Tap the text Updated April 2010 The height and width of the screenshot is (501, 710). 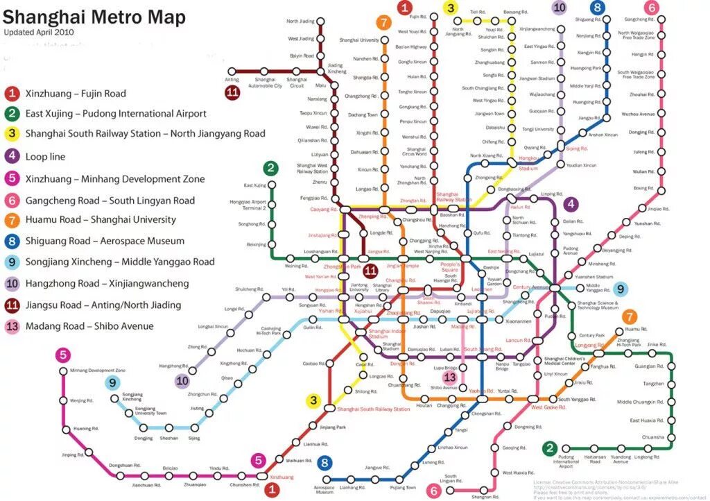point(39,32)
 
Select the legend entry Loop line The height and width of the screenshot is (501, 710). point(45,157)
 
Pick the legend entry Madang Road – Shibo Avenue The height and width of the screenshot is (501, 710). point(89,326)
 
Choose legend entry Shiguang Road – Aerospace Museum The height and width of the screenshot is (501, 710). point(105,241)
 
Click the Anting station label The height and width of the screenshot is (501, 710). point(232,80)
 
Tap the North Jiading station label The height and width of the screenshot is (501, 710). point(300,22)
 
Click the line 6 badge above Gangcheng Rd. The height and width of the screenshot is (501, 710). point(650,8)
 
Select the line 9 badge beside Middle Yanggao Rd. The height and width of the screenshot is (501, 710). point(619,289)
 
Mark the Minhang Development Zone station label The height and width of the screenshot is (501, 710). point(98,371)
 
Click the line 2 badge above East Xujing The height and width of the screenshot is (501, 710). point(270,168)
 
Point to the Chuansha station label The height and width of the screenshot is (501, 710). point(652,437)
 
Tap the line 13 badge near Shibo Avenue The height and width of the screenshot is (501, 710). point(450,377)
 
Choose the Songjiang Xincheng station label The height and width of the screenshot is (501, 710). point(132,397)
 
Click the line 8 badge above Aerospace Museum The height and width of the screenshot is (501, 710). point(324,463)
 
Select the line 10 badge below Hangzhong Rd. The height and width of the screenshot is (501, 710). point(182,380)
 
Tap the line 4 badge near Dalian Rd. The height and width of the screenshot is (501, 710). point(571,204)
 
